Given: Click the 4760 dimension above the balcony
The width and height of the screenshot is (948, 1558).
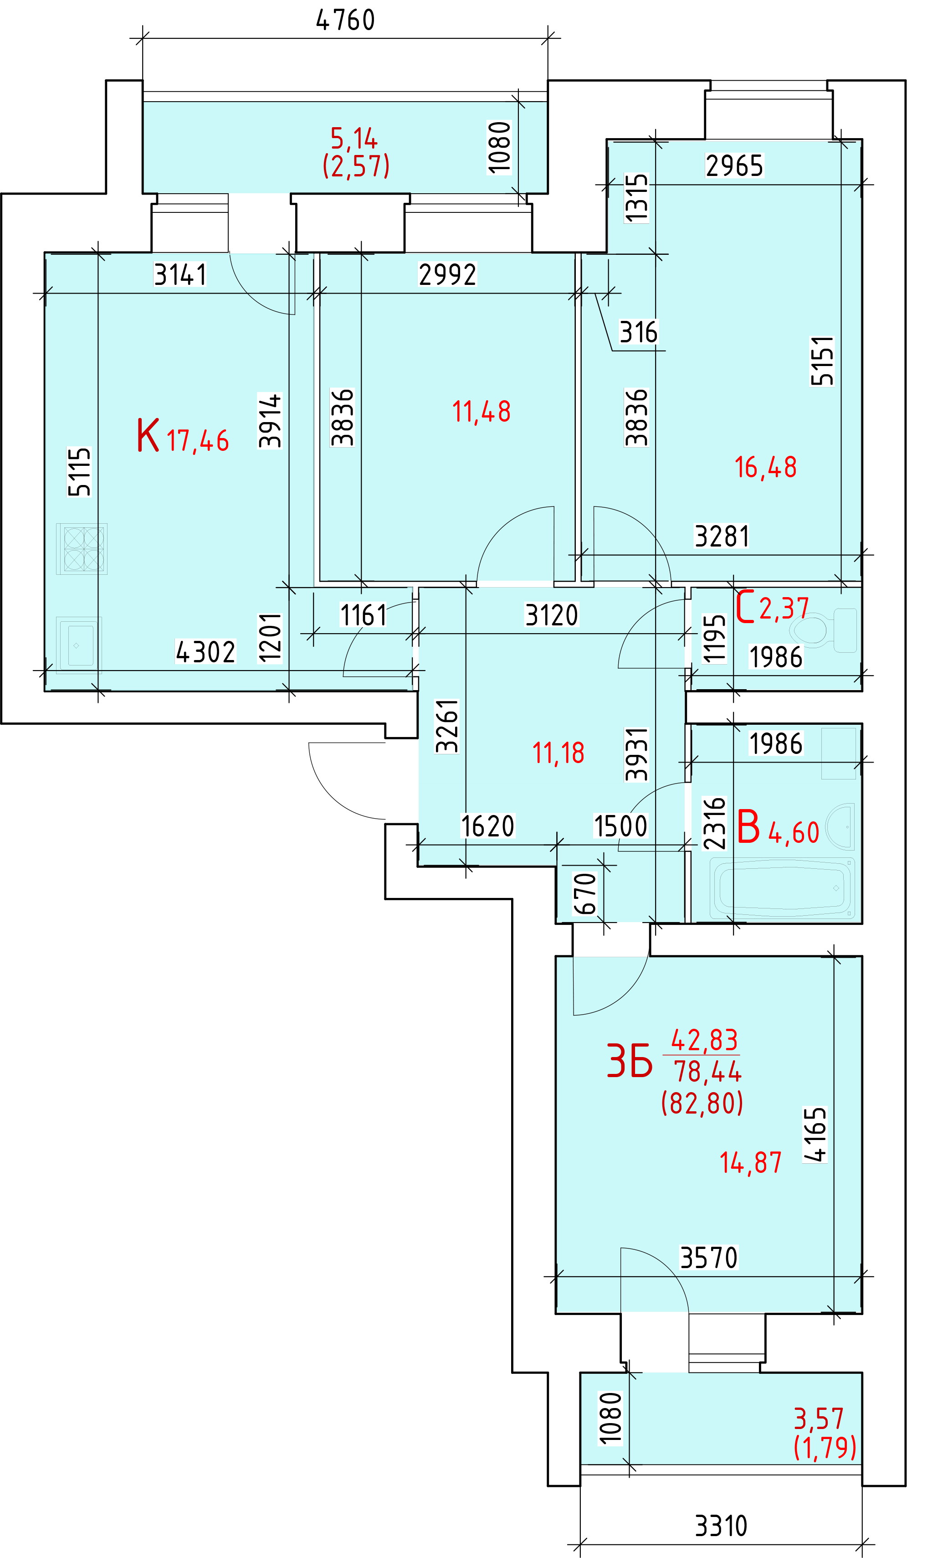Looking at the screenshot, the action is click(345, 20).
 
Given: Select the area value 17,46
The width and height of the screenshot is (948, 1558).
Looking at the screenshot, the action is click(198, 441).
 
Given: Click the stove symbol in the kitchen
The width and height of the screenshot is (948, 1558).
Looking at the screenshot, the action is click(82, 549).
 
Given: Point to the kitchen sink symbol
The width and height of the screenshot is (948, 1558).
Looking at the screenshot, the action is click(79, 645).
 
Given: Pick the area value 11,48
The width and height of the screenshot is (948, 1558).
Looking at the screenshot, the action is click(482, 412).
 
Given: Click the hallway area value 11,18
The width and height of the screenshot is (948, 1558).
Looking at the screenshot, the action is click(558, 753).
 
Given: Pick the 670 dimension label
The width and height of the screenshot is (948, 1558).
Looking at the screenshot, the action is click(585, 893).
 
